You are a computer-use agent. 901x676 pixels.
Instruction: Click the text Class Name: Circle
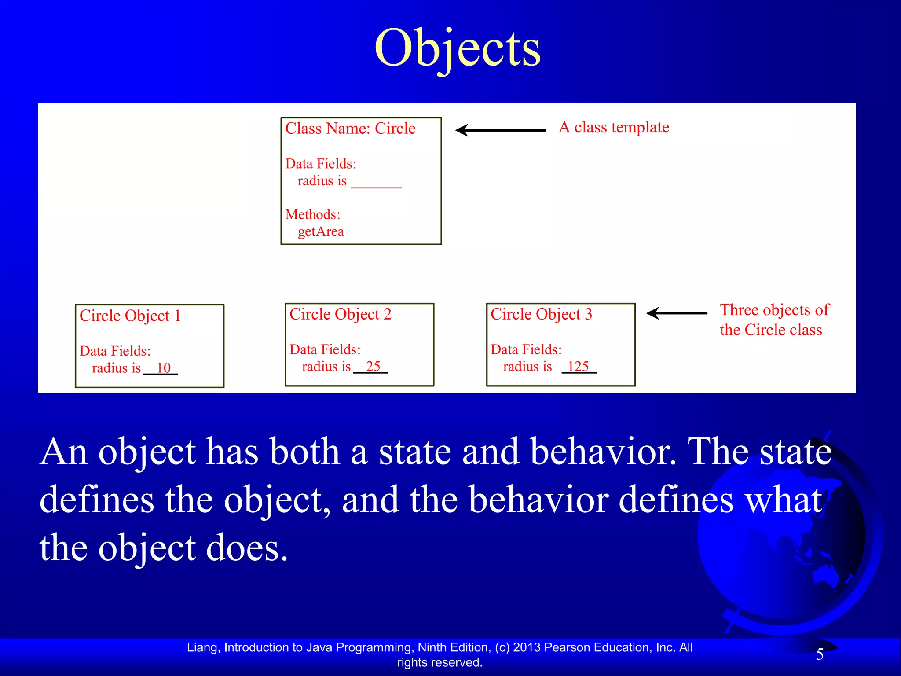(350, 129)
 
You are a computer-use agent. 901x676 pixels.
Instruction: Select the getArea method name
(321, 231)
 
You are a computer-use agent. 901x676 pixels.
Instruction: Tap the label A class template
(614, 127)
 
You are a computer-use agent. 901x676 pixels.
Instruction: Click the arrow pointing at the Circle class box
(500, 130)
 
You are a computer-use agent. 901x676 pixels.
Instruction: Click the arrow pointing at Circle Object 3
(677, 313)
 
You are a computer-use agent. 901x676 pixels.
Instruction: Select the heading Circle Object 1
(130, 316)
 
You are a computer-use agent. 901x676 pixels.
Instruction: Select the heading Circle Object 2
(340, 314)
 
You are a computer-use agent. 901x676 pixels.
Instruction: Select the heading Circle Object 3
(541, 314)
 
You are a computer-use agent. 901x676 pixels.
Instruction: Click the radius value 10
(163, 368)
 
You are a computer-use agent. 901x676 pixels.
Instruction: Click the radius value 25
(373, 366)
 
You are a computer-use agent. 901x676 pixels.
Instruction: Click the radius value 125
(578, 366)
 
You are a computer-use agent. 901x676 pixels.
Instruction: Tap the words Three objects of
(774, 310)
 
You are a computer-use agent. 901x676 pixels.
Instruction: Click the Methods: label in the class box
(313, 215)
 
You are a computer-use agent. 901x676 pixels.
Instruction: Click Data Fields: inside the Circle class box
(321, 164)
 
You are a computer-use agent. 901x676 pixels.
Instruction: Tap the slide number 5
(820, 654)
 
